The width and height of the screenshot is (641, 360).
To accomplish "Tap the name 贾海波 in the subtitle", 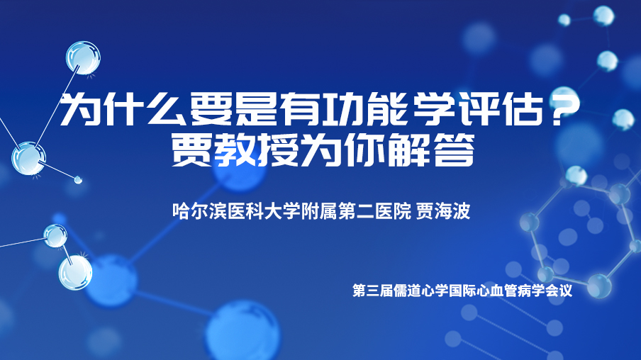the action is point(443,211).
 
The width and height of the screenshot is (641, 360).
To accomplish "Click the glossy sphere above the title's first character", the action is point(84,57).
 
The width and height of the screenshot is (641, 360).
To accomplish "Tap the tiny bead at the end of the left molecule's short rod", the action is point(78,179).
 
